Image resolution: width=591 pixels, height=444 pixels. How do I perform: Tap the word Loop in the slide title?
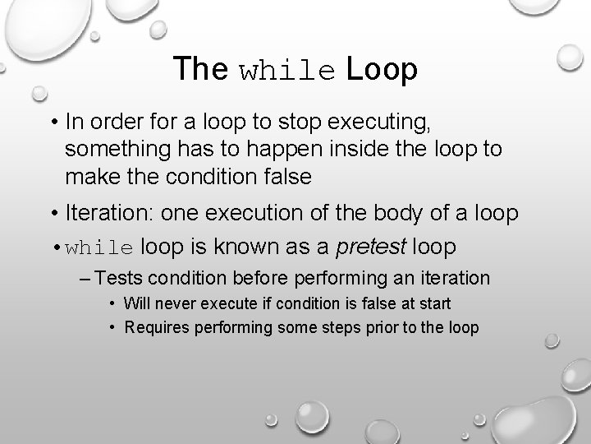(x=382, y=70)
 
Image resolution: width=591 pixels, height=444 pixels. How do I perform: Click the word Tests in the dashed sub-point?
(x=122, y=278)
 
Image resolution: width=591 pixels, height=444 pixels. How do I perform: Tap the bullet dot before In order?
(x=53, y=124)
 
